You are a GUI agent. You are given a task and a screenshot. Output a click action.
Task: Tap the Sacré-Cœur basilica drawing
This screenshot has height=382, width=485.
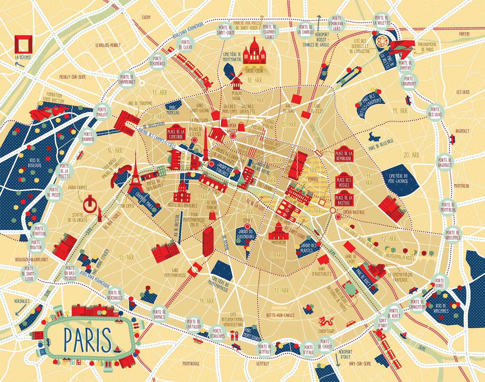[254, 53]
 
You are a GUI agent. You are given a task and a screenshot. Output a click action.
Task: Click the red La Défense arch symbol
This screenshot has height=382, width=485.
[23, 44]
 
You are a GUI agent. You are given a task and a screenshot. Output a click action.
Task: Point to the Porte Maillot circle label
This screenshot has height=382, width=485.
[102, 112]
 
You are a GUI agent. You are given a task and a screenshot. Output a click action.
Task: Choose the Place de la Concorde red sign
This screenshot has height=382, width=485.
[176, 134]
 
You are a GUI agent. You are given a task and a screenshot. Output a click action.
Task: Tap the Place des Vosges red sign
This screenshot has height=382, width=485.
[344, 182]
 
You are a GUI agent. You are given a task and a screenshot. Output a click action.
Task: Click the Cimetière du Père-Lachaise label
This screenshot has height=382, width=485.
[398, 178]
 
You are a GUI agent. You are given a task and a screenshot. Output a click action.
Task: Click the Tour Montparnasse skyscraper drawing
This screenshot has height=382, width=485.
[208, 241]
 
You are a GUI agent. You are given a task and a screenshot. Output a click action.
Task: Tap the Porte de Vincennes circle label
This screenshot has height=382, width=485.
[453, 235]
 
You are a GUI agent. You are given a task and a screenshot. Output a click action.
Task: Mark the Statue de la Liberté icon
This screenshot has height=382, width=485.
[99, 214]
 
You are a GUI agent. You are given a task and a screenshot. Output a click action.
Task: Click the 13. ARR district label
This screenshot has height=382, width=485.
[282, 291]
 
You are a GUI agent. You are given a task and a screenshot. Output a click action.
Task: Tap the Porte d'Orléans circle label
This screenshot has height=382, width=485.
[217, 333]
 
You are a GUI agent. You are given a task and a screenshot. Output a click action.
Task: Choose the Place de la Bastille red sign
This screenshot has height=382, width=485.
[344, 200]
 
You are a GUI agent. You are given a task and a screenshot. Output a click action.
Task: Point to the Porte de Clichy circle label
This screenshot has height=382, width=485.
[186, 45]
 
